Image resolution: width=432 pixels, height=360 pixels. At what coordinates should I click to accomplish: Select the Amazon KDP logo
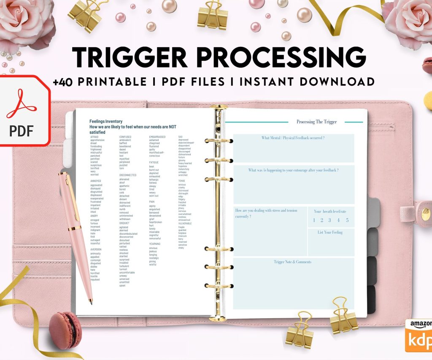point(419,336)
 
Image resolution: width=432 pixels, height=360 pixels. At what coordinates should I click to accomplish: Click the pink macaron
point(65,330)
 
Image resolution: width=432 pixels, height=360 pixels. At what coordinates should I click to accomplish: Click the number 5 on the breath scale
point(347,220)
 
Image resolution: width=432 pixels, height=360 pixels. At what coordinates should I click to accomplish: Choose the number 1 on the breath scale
point(314,220)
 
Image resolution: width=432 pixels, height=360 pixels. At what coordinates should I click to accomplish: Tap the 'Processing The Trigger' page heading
point(316,122)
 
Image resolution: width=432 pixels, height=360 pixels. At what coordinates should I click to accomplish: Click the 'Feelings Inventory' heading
point(105,121)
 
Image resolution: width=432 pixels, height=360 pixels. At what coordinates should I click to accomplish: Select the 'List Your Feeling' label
point(330,232)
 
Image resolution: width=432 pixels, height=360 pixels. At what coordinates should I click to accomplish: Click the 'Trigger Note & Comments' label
point(292,262)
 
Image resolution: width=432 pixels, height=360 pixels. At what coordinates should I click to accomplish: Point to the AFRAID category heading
point(95,137)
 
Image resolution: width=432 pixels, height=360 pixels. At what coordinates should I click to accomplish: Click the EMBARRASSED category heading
point(157,137)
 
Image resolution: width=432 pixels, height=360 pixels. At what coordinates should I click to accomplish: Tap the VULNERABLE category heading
point(185,223)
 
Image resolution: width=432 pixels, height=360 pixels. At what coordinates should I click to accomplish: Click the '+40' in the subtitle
point(64,82)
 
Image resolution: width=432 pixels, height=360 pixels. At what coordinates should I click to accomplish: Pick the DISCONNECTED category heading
point(128,175)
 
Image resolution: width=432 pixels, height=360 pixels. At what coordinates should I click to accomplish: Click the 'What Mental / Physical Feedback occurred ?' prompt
point(293,138)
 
